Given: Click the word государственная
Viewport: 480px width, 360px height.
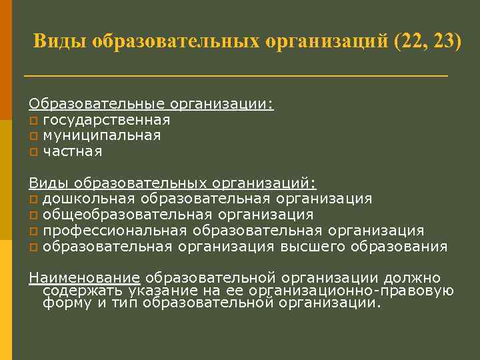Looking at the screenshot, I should click(107, 120).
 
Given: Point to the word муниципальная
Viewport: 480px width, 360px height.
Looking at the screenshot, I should click(102, 135).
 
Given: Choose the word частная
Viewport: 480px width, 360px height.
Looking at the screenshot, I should click(73, 151).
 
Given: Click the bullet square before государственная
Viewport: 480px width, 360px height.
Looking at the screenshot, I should click(33, 121).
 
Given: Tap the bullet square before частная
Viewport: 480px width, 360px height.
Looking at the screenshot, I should click(33, 152).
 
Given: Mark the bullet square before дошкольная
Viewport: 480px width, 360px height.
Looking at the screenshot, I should click(33, 199).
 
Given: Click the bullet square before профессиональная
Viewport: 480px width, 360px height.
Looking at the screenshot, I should click(33, 231).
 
